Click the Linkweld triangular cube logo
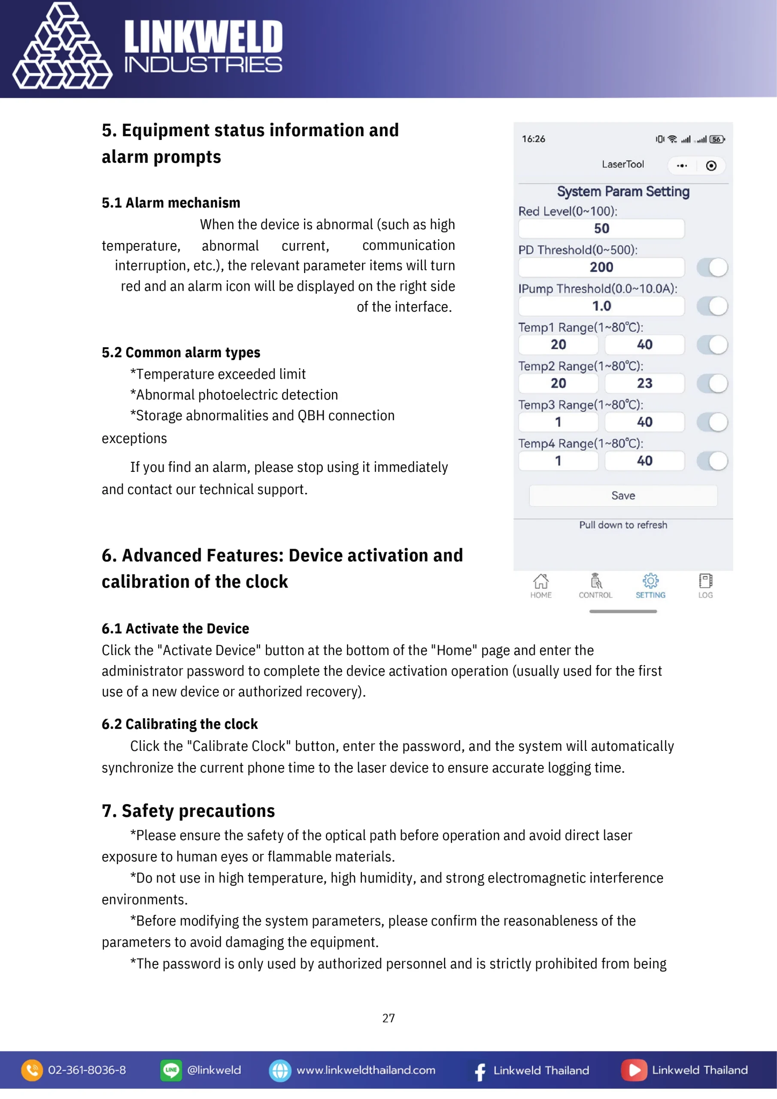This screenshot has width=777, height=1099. click(x=62, y=47)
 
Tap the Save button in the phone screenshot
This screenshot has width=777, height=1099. click(x=623, y=495)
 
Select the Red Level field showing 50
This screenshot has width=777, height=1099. click(x=601, y=228)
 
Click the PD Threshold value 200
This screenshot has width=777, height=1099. click(x=601, y=267)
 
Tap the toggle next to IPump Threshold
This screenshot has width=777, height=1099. click(x=712, y=306)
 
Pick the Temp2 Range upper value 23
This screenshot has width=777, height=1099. click(x=644, y=383)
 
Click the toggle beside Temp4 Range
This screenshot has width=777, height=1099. click(x=712, y=461)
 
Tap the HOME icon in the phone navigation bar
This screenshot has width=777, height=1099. click(x=540, y=581)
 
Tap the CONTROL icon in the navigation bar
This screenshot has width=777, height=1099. click(x=595, y=581)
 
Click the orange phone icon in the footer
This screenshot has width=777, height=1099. click(x=32, y=1070)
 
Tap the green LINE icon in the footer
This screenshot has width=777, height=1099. click(x=171, y=1070)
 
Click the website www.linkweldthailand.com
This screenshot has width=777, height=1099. click(x=366, y=1070)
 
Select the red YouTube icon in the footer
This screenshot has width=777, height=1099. click(x=634, y=1070)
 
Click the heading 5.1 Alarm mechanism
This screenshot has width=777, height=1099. click(x=171, y=203)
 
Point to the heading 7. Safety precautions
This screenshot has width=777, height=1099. click(x=188, y=811)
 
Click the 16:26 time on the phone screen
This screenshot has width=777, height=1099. click(x=533, y=139)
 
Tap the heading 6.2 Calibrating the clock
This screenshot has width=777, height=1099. click(x=179, y=724)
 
